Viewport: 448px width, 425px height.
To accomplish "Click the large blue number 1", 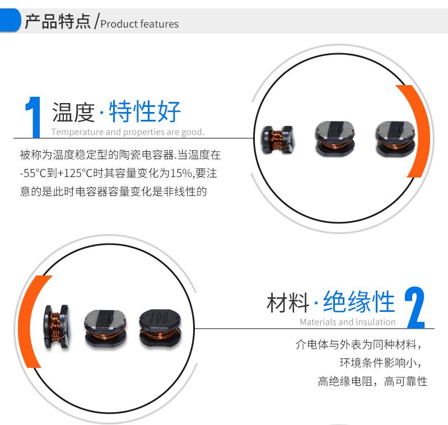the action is pos(33,117).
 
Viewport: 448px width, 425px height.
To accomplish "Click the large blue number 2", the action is pos(414,307).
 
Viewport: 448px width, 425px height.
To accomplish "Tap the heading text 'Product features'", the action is pos(139,24).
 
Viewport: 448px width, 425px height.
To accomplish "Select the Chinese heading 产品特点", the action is pos(58,21).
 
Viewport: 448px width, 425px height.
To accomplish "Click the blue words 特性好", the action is pos(144,111).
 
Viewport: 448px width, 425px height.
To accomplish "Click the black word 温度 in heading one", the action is pos(73,112).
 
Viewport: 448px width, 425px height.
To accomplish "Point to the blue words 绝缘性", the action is pos(359,302).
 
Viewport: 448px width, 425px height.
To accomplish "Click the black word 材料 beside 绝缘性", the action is pos(288,302).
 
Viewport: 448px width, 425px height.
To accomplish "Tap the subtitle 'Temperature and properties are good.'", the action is pos(128,132).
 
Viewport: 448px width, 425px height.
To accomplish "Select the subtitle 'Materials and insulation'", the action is pos(347,322).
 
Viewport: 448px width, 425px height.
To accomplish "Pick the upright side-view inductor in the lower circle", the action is pos(57,326).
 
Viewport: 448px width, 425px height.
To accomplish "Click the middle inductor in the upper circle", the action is pos(335,138).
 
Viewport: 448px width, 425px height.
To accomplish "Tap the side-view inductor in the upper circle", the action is pos(278,139).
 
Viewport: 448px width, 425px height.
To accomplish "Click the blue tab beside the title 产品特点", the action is pos(10,20).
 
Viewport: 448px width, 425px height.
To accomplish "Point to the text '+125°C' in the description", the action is pos(75,174).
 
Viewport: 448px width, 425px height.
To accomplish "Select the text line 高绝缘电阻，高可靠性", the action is pos(372,381).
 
